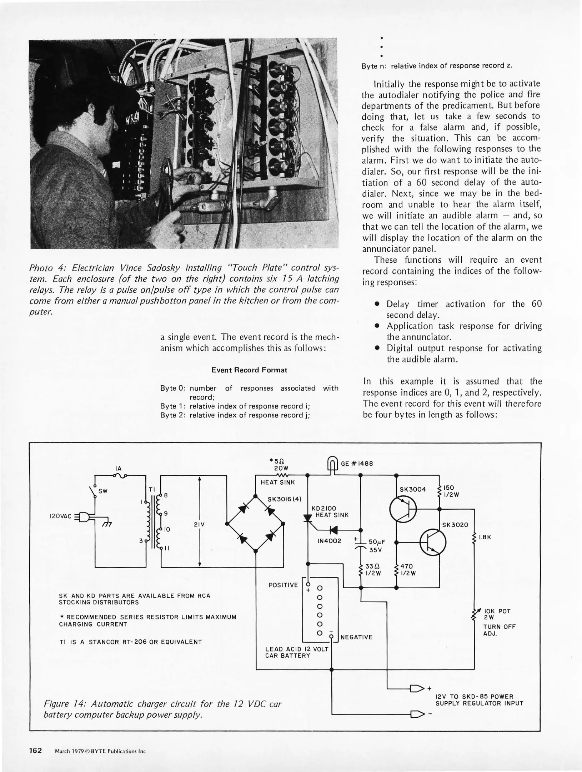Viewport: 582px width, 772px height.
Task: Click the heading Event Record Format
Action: click(249, 370)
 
